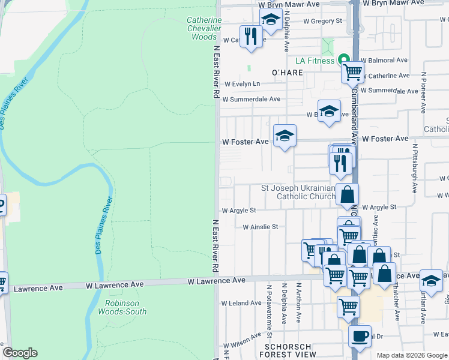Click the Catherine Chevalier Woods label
(204, 28)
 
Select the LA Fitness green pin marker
(344, 60)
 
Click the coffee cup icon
(360, 337)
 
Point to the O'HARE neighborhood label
(286, 73)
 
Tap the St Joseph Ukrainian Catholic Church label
(298, 192)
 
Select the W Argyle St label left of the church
(239, 211)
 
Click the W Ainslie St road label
(261, 227)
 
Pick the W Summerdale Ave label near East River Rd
(251, 99)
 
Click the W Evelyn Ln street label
(241, 84)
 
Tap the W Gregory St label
(322, 20)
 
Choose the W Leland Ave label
(241, 303)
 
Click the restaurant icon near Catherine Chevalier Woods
(250, 36)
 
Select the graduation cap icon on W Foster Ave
(285, 135)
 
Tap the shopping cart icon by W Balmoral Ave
(352, 73)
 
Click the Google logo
(20, 353)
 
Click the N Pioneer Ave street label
(423, 93)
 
